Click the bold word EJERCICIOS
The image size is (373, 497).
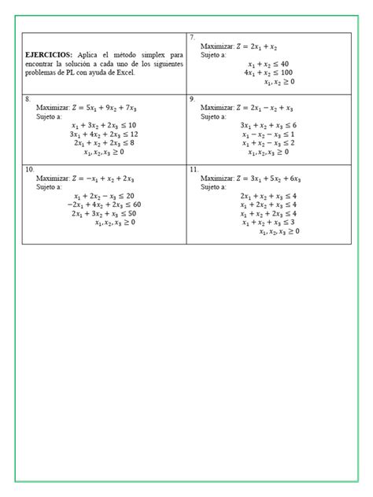tap(50, 53)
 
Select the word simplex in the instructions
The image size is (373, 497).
tap(150, 53)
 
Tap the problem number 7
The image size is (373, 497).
tap(193, 38)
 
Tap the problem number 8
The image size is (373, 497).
tap(28, 99)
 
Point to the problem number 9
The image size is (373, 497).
tap(193, 99)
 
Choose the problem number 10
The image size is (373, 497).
tap(30, 169)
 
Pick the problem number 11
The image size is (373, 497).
tap(194, 169)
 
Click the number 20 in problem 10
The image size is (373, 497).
tap(130, 196)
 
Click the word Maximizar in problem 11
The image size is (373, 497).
tap(216, 179)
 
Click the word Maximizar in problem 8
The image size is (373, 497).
tap(53, 108)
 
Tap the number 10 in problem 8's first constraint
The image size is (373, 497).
tap(131, 126)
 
